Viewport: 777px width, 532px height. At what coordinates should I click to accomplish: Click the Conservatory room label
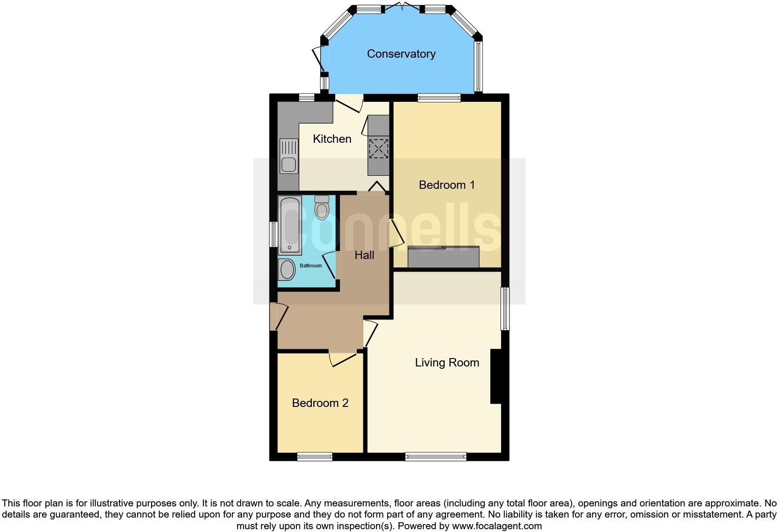click(401, 54)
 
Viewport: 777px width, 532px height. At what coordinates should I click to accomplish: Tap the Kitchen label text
click(332, 139)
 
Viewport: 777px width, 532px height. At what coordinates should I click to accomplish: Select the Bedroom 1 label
click(447, 185)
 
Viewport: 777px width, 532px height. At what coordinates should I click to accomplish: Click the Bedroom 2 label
click(320, 403)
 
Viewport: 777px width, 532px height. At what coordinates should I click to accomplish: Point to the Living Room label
click(447, 363)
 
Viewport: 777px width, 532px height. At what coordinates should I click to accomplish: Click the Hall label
click(364, 255)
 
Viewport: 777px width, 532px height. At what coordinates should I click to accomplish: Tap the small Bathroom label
click(310, 266)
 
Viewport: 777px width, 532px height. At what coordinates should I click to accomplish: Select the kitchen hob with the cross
click(378, 148)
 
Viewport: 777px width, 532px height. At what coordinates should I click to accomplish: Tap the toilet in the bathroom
click(321, 207)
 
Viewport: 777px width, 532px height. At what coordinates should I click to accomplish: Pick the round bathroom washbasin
click(287, 270)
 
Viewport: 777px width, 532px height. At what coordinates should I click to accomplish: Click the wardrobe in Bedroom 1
click(443, 257)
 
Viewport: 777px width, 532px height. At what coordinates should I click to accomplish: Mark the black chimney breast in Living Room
click(496, 376)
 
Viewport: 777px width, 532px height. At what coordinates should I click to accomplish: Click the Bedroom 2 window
click(315, 457)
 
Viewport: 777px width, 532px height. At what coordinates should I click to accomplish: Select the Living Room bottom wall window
click(435, 457)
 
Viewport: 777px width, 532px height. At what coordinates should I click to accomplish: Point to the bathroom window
click(274, 234)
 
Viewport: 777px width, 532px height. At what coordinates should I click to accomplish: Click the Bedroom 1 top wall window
click(439, 98)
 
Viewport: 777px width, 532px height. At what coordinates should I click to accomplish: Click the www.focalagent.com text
click(497, 526)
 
